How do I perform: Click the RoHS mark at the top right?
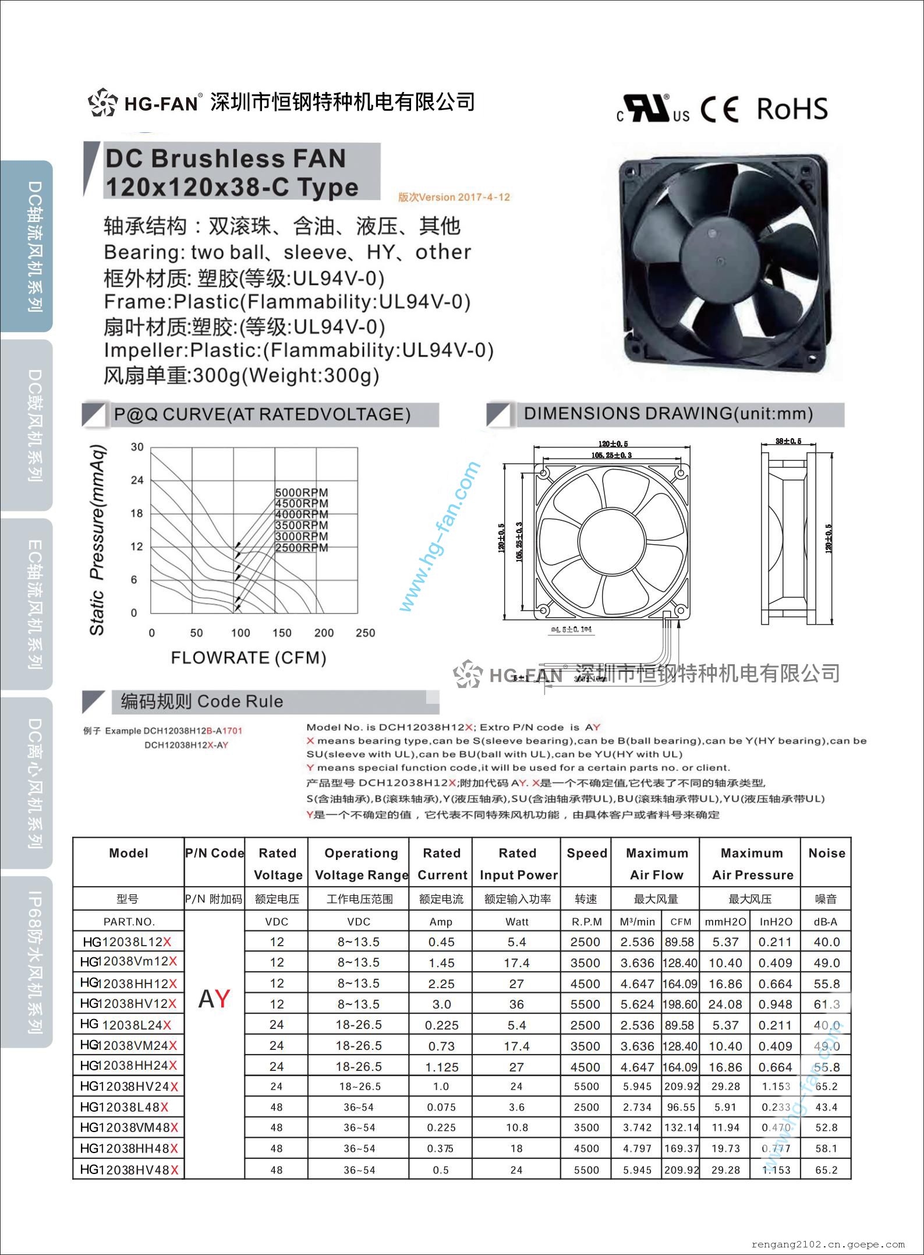[792, 109]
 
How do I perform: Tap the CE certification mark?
[720, 110]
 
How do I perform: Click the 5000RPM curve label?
[302, 493]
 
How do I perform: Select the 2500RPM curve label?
[302, 548]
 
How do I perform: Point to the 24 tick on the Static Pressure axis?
[137, 480]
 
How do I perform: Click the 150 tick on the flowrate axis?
[282, 633]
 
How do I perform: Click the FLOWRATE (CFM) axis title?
[249, 658]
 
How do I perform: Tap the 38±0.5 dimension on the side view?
[788, 441]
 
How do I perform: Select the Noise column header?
[826, 853]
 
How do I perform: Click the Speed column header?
[586, 853]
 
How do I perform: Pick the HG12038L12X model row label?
[128, 942]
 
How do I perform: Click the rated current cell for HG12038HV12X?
[441, 1004]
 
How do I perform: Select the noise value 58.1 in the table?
[826, 1148]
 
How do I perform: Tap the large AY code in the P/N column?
[214, 999]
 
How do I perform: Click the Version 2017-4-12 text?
[454, 197]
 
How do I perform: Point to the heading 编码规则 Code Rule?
[202, 701]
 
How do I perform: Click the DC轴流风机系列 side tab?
[34, 246]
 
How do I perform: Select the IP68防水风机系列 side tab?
[34, 963]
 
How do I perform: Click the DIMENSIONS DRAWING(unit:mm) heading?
[668, 414]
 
